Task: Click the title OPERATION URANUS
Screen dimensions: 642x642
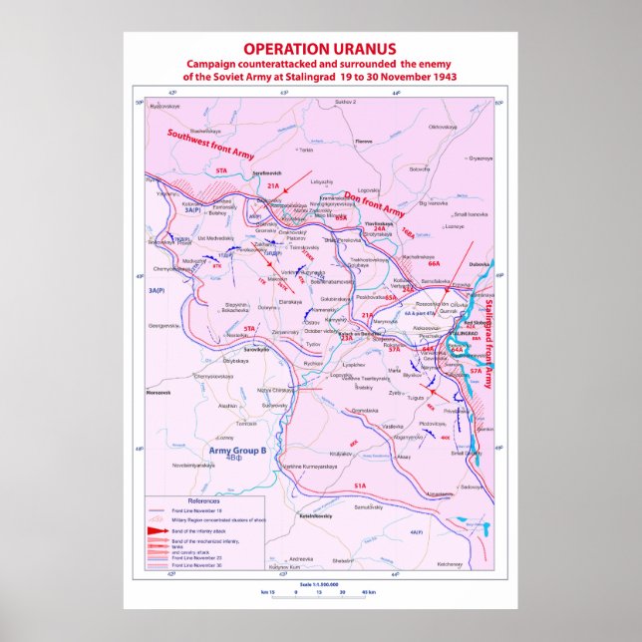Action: click(320, 49)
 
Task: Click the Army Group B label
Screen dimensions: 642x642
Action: click(237, 451)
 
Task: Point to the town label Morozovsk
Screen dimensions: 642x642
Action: click(160, 391)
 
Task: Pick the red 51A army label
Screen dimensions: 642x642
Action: click(359, 484)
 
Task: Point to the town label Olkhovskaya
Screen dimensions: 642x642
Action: click(443, 127)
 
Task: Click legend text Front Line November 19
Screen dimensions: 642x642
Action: click(195, 509)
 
